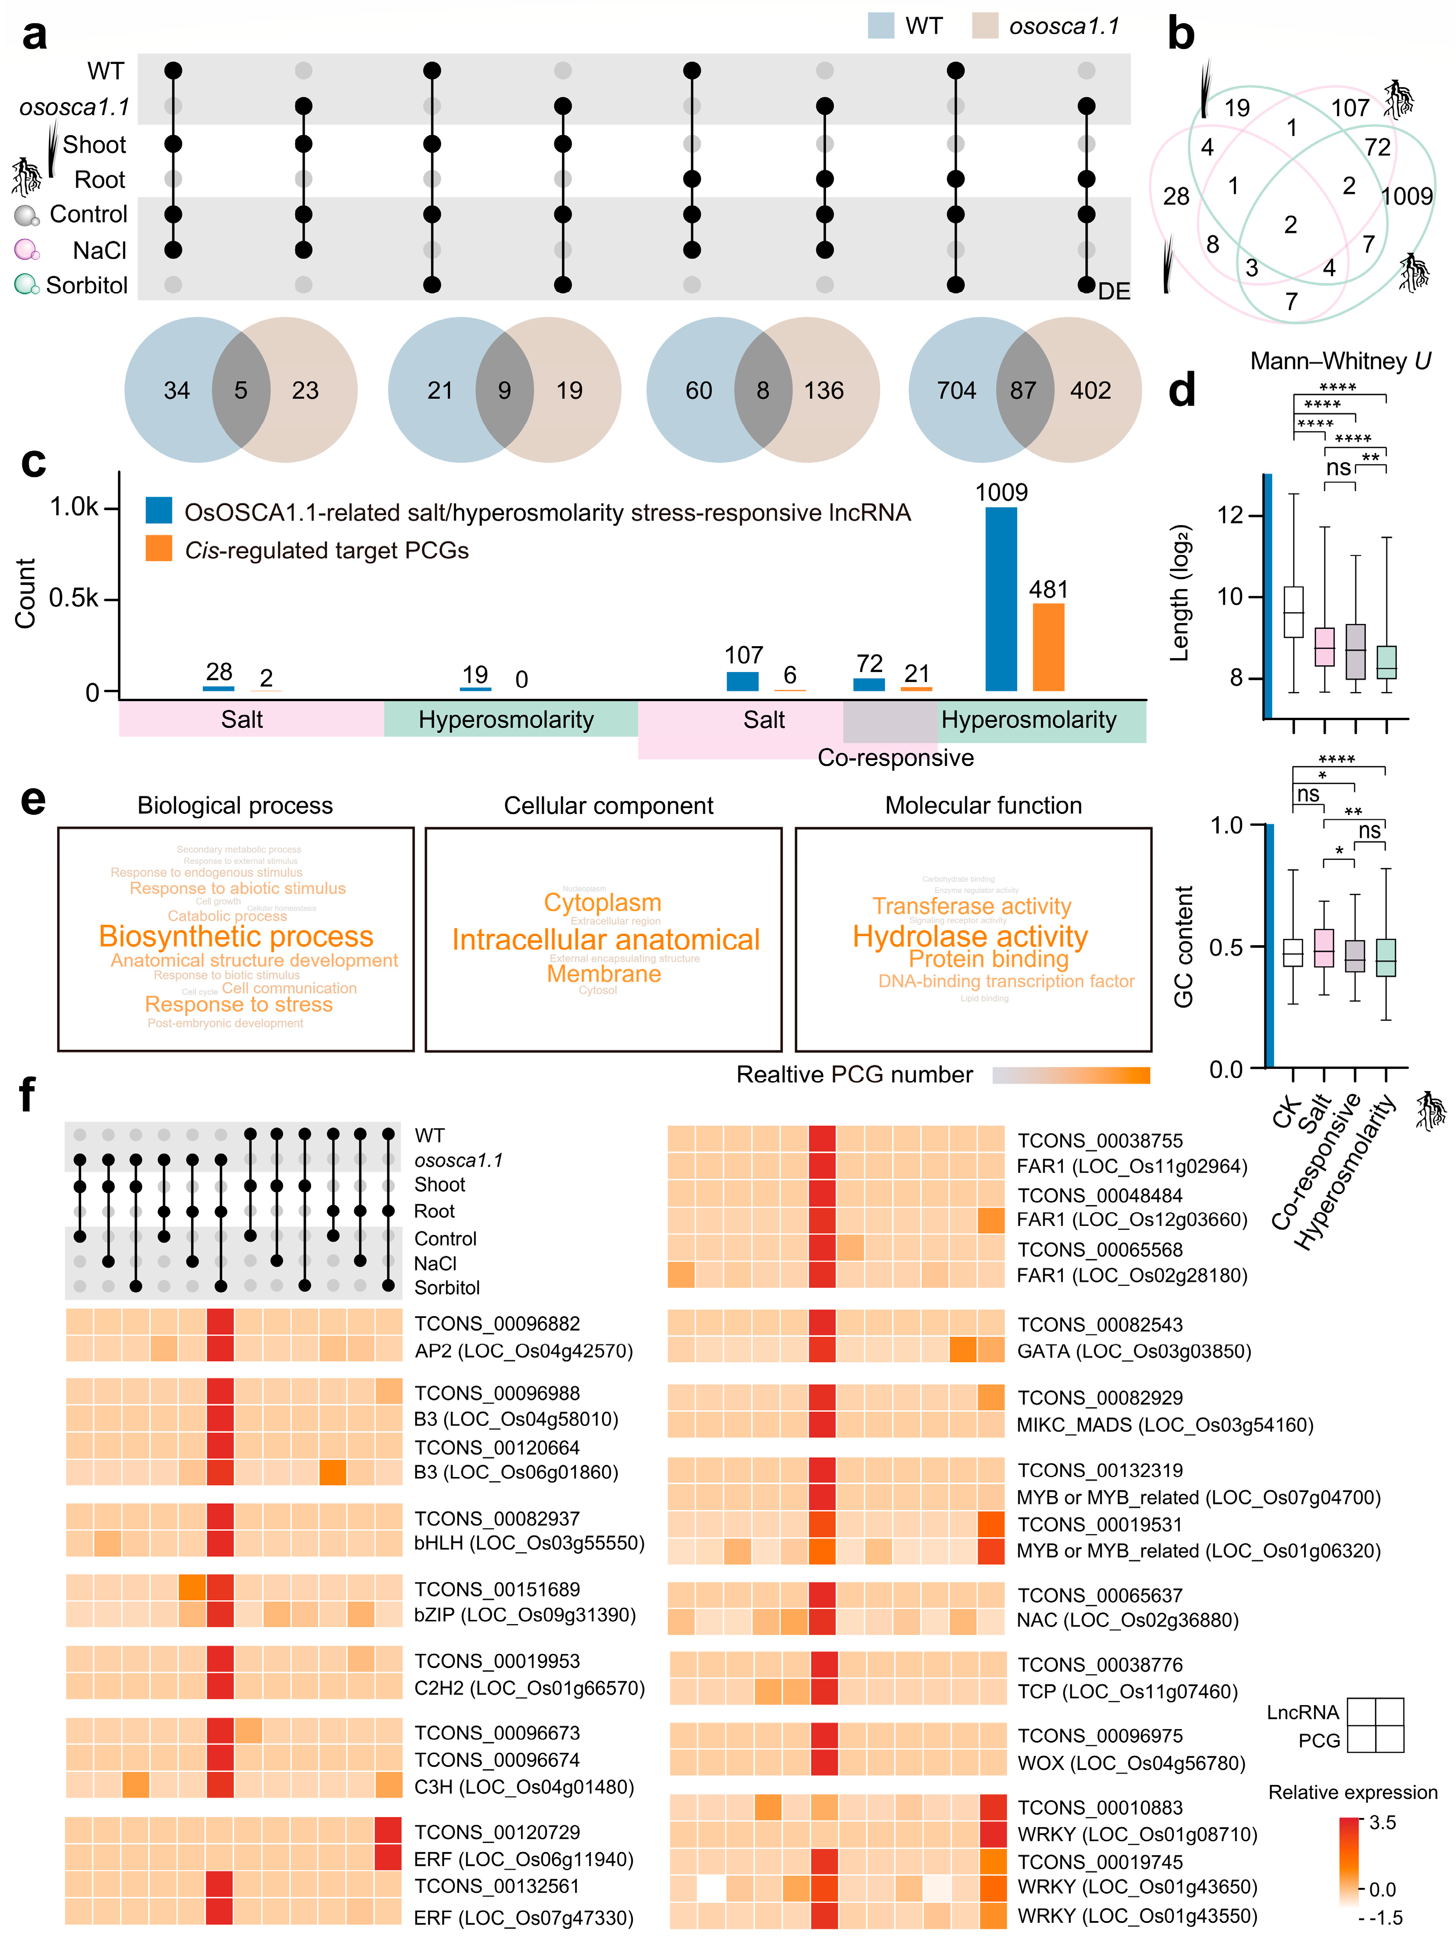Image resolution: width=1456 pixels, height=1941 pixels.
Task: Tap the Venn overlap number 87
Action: [1023, 390]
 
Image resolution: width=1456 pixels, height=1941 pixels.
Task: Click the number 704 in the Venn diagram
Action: [956, 390]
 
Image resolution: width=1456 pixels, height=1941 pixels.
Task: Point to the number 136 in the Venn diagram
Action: [823, 390]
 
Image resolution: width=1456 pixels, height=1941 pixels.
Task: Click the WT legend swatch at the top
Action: [880, 26]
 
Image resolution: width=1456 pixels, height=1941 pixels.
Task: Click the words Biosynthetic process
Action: [236, 936]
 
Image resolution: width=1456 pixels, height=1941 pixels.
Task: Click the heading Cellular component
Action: [608, 805]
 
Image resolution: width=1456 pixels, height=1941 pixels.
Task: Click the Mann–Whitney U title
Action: [1340, 361]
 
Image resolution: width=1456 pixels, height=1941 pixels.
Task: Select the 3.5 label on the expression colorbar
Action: [1382, 1822]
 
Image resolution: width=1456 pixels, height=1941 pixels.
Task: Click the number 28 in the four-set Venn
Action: [1176, 196]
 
